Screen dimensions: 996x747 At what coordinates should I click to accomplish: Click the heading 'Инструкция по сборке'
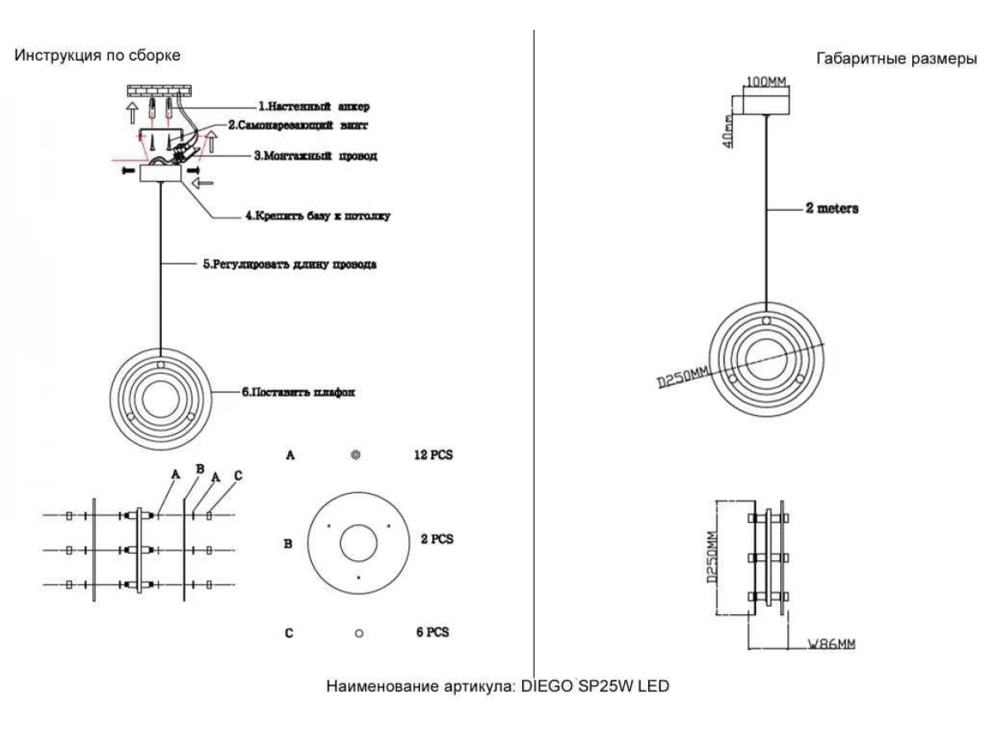[x=97, y=56]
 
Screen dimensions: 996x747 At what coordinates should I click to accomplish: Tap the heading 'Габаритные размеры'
[x=896, y=58]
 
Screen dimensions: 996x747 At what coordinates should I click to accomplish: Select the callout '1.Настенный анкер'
[x=314, y=106]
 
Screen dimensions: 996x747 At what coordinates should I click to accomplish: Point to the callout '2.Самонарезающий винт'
[x=298, y=125]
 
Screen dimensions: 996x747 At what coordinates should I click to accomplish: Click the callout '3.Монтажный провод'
[x=315, y=156]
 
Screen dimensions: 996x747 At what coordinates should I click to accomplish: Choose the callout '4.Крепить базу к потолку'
[x=318, y=216]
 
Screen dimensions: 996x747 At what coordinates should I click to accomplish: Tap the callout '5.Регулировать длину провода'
[x=290, y=264]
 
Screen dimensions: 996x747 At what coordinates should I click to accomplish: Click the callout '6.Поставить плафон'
[x=298, y=392]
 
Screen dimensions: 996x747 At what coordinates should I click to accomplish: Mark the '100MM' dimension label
[x=766, y=81]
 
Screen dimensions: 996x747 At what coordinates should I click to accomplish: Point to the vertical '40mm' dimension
[x=727, y=130]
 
